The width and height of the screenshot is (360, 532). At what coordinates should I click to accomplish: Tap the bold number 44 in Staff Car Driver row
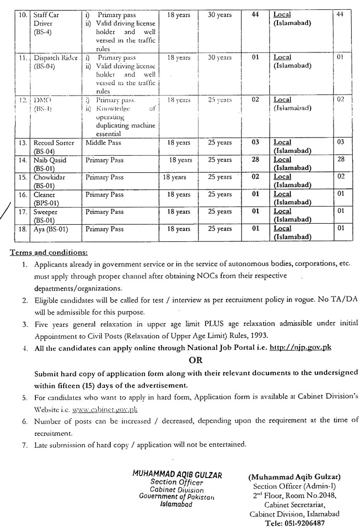click(x=255, y=15)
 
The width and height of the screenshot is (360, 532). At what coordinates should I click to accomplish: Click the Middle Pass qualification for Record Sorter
click(x=104, y=143)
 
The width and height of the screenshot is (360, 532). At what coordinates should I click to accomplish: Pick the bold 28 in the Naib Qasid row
click(x=255, y=160)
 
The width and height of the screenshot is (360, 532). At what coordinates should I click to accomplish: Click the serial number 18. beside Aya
click(x=22, y=229)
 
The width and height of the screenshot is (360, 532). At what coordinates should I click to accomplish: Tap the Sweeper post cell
click(x=46, y=215)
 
